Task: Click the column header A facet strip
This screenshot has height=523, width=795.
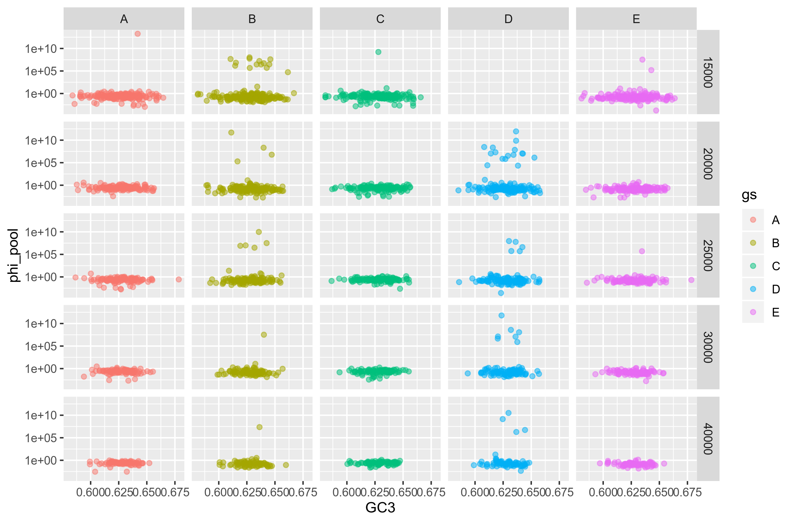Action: pyautogui.click(x=124, y=19)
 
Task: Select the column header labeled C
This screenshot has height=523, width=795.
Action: pyautogui.click(x=380, y=19)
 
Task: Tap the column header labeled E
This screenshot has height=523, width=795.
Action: pyautogui.click(x=636, y=19)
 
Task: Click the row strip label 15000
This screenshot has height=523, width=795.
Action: pyautogui.click(x=708, y=72)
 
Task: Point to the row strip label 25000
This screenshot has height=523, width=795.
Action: pyautogui.click(x=708, y=256)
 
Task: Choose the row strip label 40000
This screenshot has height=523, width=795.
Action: pyautogui.click(x=708, y=439)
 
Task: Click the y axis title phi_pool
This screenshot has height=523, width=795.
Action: pyautogui.click(x=14, y=256)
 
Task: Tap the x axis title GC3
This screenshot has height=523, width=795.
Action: pyautogui.click(x=380, y=508)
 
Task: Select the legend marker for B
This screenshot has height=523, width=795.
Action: pyautogui.click(x=753, y=243)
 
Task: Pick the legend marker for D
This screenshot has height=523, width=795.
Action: pyautogui.click(x=753, y=289)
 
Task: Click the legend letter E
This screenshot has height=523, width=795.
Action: pyautogui.click(x=776, y=312)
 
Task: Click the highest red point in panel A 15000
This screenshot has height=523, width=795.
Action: pyautogui.click(x=137, y=34)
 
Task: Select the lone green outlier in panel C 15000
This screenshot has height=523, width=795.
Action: pyautogui.click(x=378, y=52)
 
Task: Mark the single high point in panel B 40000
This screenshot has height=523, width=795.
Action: pyautogui.click(x=259, y=427)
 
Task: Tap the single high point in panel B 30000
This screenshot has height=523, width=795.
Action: pyautogui.click(x=263, y=334)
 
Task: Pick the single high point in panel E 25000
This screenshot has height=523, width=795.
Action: pyautogui.click(x=642, y=251)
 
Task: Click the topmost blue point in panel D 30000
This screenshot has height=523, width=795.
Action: pyautogui.click(x=501, y=315)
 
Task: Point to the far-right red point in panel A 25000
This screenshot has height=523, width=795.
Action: pyautogui.click(x=179, y=279)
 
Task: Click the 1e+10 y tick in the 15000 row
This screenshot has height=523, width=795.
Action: pyautogui.click(x=41, y=49)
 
